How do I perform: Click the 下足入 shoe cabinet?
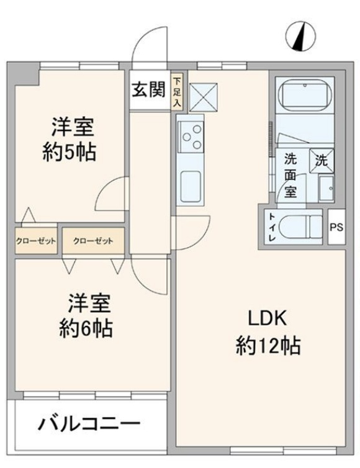point(178,92)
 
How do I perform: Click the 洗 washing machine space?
point(322,160)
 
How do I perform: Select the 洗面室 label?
point(290,175)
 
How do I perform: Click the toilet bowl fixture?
point(299,227)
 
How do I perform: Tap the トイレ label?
point(271,227)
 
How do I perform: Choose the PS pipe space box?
point(336,227)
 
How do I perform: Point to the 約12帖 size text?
point(268,345)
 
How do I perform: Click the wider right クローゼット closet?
point(93,241)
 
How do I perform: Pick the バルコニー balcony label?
point(89,426)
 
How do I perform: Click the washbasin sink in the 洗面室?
point(325,186)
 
